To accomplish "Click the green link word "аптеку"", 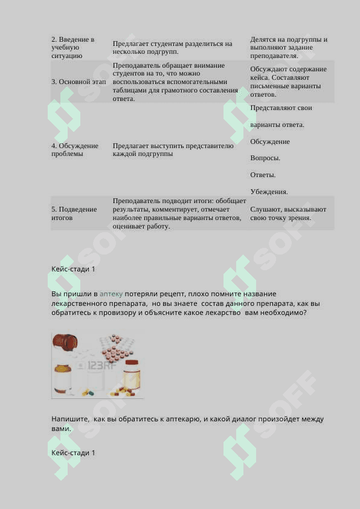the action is [x=111, y=294].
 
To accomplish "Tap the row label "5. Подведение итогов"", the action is [x=74, y=213].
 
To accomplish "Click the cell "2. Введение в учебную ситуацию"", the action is [x=72, y=47].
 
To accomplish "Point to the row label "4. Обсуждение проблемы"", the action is [x=75, y=149].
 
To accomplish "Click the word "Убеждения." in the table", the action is [x=269, y=192].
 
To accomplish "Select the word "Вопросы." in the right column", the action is [x=265, y=158].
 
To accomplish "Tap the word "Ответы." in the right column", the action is [x=263, y=175].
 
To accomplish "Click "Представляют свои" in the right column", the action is [x=281, y=108].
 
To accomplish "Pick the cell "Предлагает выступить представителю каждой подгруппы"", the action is [x=173, y=149].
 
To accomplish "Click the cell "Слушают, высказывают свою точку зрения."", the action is [x=288, y=213].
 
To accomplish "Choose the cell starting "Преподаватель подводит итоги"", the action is [x=179, y=213].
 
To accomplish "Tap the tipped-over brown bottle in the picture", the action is [x=65, y=345].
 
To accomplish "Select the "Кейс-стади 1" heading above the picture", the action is [x=73, y=269].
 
